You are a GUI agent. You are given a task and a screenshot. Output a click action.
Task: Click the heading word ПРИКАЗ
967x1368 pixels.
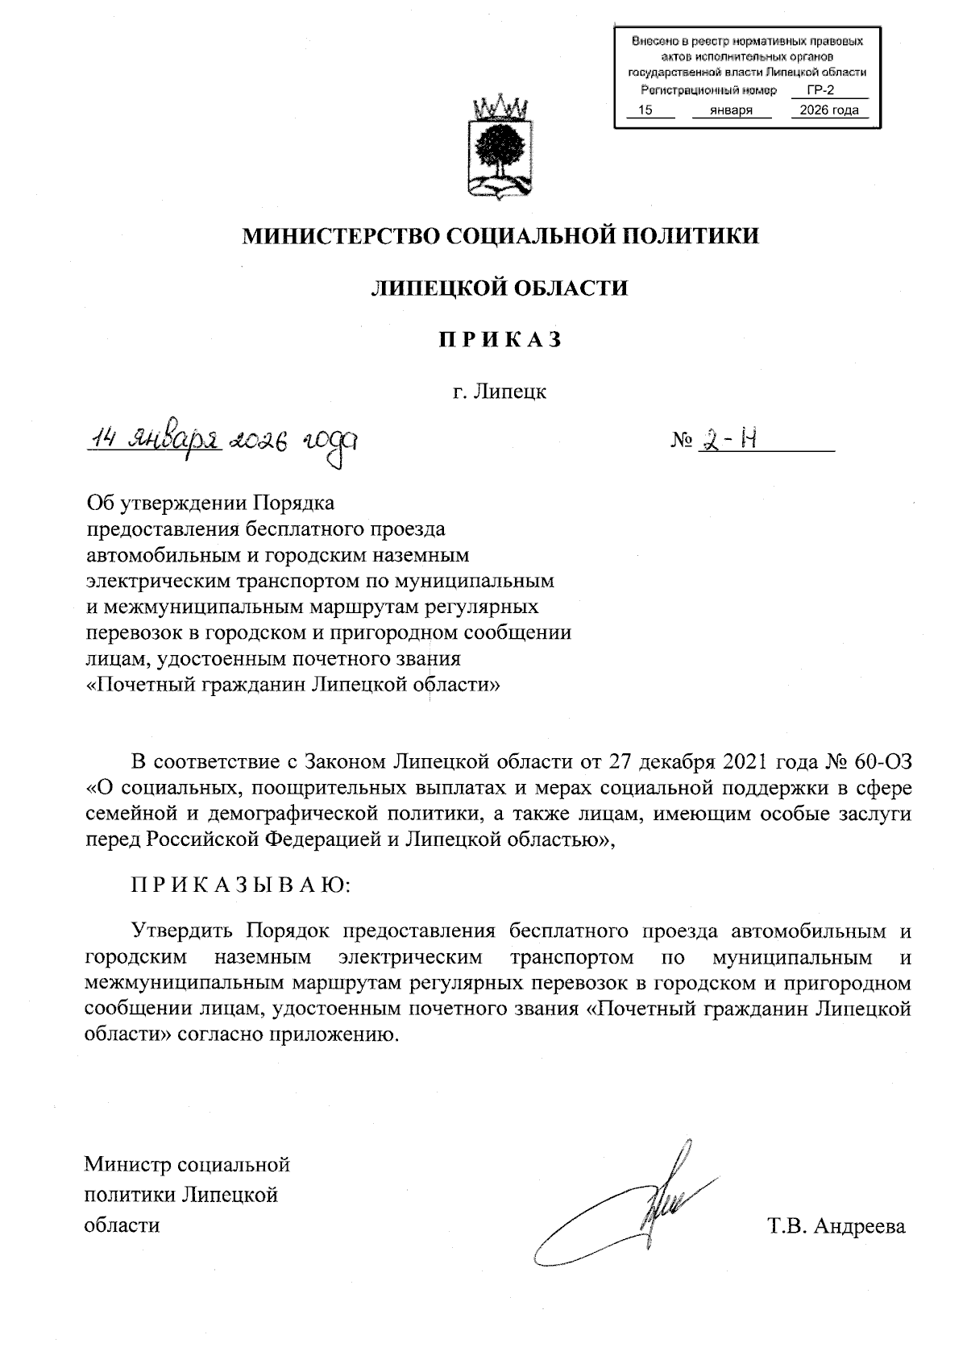(x=499, y=340)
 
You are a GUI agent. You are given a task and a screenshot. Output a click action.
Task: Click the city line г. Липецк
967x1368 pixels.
(x=499, y=392)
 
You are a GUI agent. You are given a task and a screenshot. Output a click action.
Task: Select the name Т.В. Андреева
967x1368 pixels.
(x=836, y=1226)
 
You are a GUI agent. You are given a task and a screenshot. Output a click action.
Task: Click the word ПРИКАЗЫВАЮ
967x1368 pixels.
(x=241, y=885)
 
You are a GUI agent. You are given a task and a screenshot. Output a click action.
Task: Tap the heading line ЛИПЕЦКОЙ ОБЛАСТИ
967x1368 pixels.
(x=499, y=288)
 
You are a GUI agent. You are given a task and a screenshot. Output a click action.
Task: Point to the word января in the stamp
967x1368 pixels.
(x=732, y=110)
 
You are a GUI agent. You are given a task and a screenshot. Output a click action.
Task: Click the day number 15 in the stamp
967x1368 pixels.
(x=645, y=110)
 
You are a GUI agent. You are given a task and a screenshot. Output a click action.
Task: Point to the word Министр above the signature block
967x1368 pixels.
(x=127, y=1164)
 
